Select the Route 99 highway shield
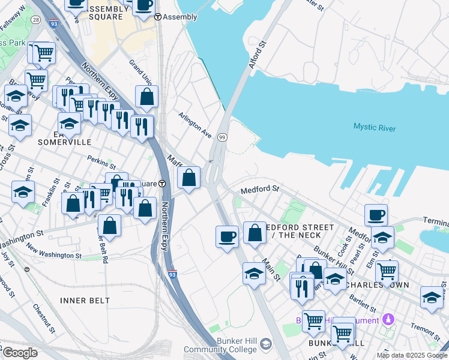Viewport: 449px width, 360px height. click(x=221, y=137)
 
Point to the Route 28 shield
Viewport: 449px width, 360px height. click(x=36, y=20)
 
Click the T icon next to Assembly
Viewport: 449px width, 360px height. click(x=158, y=17)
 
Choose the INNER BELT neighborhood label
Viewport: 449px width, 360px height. click(x=85, y=299)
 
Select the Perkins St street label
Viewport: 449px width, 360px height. click(x=101, y=162)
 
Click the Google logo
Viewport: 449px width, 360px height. click(x=20, y=353)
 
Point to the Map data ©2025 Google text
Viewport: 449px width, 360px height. click(x=411, y=355)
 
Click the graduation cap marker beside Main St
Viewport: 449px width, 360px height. click(x=254, y=274)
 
